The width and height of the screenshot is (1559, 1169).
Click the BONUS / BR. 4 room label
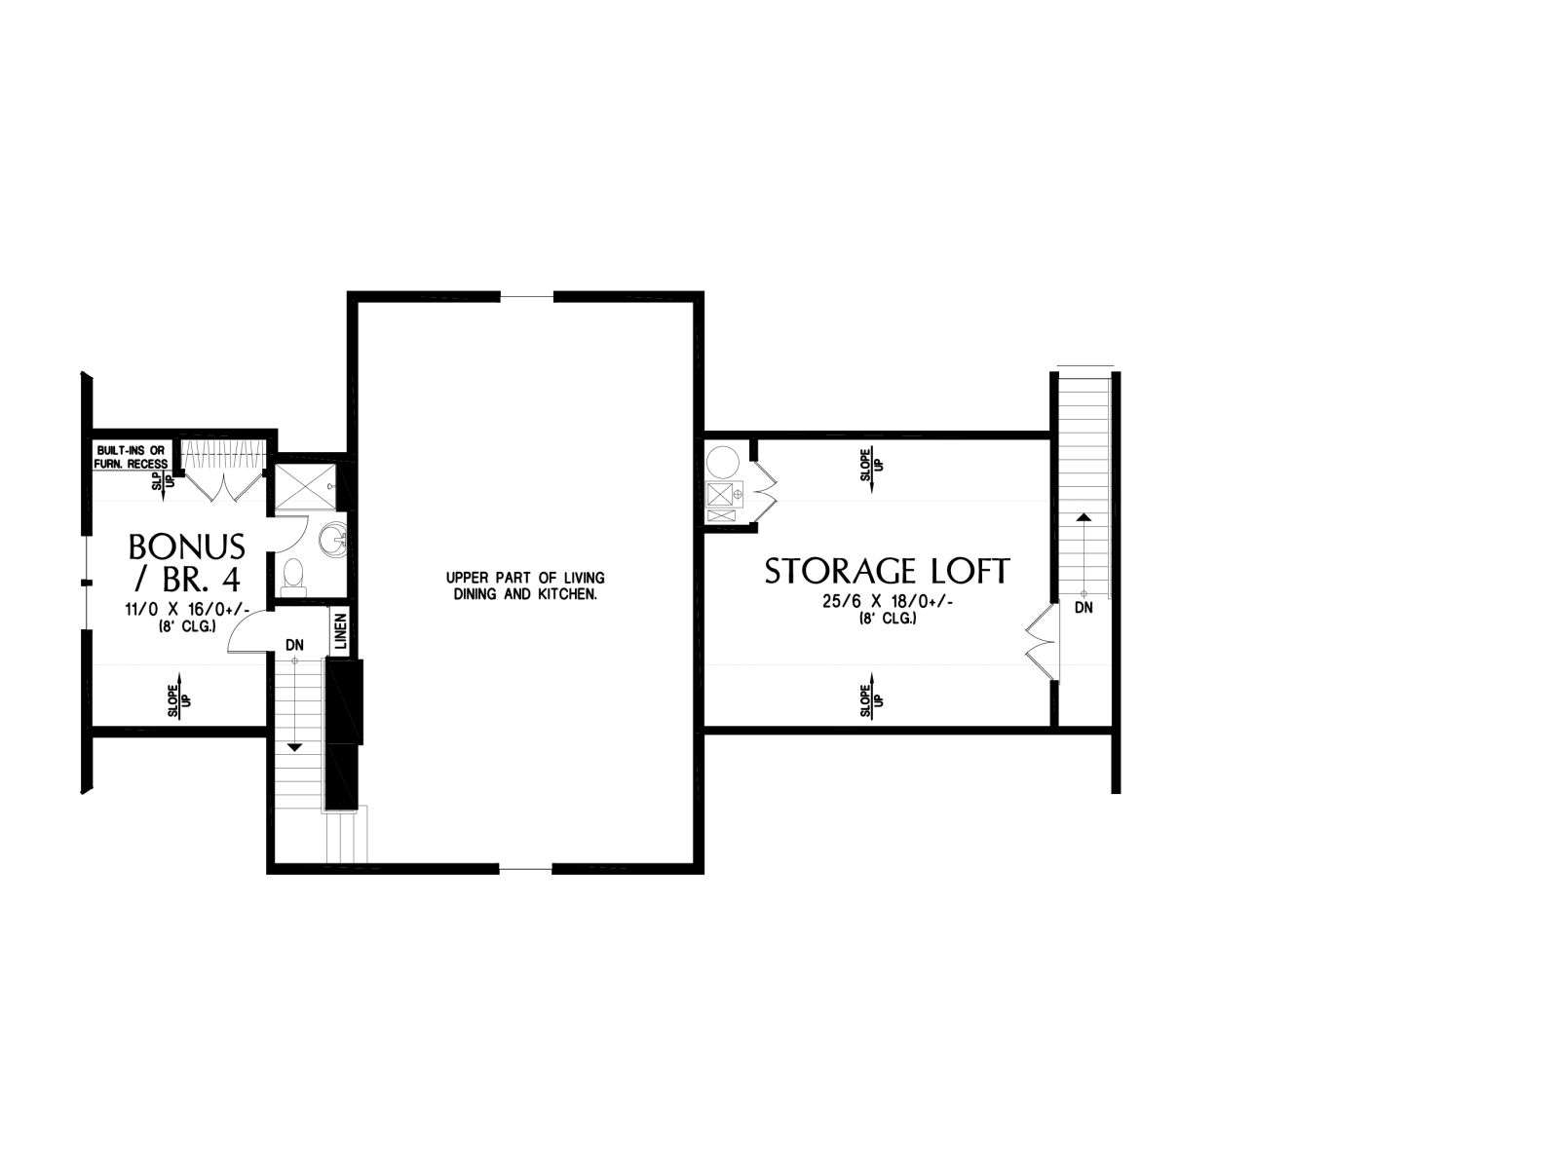(187, 563)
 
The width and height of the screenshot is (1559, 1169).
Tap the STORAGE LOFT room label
(887, 572)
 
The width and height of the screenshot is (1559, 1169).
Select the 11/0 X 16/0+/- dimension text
(187, 610)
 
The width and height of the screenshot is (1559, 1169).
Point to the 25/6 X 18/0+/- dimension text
(887, 602)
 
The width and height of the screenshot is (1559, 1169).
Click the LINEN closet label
(341, 631)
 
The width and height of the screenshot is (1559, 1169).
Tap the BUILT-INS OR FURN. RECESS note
(132, 457)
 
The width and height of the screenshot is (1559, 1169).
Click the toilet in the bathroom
(293, 578)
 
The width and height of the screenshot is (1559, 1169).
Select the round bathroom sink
(331, 541)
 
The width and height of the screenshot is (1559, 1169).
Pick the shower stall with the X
(305, 487)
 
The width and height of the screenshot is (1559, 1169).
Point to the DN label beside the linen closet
(295, 645)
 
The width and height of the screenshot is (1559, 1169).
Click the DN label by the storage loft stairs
(1084, 608)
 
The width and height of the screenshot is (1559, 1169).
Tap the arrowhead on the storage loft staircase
(1084, 517)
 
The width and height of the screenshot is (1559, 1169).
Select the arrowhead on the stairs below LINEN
(295, 747)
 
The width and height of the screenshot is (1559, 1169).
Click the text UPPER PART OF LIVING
(525, 578)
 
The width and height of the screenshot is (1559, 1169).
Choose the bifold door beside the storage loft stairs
(1042, 642)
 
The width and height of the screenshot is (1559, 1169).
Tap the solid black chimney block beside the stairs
(344, 734)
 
